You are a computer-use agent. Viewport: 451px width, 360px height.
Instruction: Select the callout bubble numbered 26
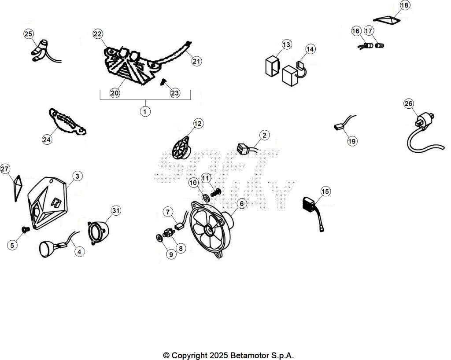pyautogui.click(x=408, y=103)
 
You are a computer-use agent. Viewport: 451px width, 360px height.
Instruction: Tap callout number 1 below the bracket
pyautogui.click(x=145, y=111)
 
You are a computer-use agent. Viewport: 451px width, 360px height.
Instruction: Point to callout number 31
pyautogui.click(x=116, y=211)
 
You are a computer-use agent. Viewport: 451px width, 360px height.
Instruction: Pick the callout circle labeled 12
pyautogui.click(x=198, y=124)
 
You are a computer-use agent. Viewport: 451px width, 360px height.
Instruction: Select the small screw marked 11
pyautogui.click(x=215, y=192)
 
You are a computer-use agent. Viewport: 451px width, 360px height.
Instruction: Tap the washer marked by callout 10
pyautogui.click(x=206, y=197)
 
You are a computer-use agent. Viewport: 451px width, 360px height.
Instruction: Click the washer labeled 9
pyautogui.click(x=159, y=238)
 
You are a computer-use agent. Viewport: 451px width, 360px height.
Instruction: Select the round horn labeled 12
pyautogui.click(x=181, y=149)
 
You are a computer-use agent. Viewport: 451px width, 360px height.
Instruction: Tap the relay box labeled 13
pyautogui.click(x=272, y=67)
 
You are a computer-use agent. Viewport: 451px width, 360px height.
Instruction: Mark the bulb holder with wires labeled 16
pyautogui.click(x=365, y=46)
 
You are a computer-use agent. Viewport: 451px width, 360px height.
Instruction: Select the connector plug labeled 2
pyautogui.click(x=242, y=148)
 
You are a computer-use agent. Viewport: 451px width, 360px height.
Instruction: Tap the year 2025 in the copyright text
pyautogui.click(x=218, y=356)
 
